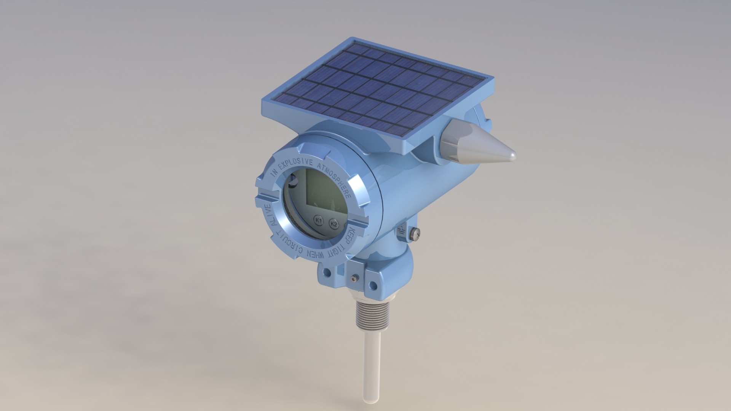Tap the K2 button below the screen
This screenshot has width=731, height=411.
334,224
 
